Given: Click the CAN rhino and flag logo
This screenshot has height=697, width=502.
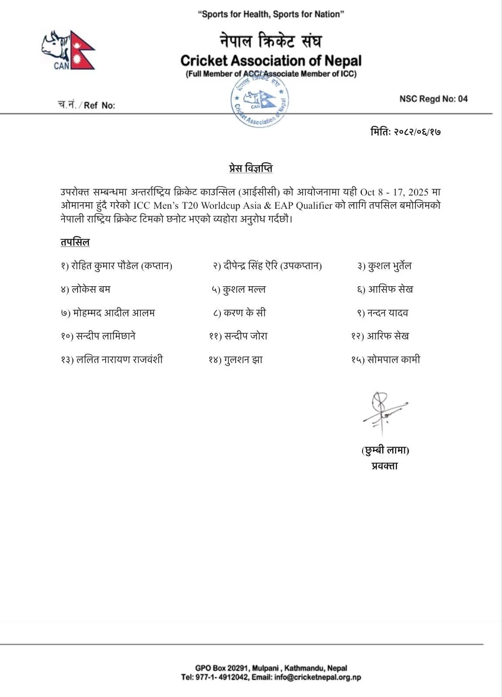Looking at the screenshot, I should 68,50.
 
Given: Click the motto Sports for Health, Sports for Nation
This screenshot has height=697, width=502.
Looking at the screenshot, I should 271,14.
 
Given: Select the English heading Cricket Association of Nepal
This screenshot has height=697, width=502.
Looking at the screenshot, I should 271,60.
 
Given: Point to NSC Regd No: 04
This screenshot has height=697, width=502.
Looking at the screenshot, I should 433,99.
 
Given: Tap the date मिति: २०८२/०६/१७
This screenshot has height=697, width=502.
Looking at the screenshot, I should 405,131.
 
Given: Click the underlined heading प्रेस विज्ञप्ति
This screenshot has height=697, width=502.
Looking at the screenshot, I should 251,168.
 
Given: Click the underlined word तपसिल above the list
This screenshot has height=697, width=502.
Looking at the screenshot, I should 75,242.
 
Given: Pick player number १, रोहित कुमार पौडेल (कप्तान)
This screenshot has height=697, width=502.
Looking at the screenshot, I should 117,266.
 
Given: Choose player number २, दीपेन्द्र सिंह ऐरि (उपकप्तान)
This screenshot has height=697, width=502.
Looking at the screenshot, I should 267,266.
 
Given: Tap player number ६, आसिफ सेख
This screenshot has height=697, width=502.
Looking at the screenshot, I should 385,289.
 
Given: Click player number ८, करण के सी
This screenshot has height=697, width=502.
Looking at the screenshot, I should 239,313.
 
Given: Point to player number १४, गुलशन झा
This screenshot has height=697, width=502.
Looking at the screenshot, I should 236,360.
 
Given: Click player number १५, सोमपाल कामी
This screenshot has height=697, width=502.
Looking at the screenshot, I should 386,360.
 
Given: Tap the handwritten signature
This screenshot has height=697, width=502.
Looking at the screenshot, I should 383,412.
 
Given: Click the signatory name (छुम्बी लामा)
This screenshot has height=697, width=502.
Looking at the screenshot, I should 385,450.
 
